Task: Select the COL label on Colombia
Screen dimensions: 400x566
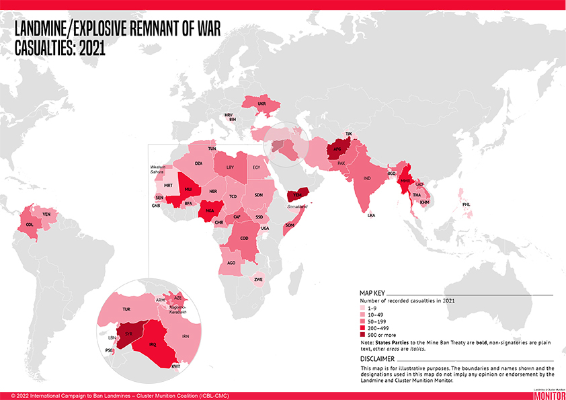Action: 30,225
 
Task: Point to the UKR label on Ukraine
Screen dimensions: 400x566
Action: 262,104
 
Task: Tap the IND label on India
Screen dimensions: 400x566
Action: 367,178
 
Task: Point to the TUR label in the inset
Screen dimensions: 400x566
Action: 126,309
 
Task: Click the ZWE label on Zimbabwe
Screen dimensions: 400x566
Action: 258,280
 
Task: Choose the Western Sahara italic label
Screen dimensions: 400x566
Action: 157,169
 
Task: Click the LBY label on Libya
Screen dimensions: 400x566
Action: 230,167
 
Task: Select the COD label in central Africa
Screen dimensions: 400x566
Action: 244,239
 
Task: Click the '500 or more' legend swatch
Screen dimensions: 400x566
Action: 364,334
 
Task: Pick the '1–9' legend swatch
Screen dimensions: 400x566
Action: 364,308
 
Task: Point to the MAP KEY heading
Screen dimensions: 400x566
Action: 373,294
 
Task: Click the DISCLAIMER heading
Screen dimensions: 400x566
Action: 378,359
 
